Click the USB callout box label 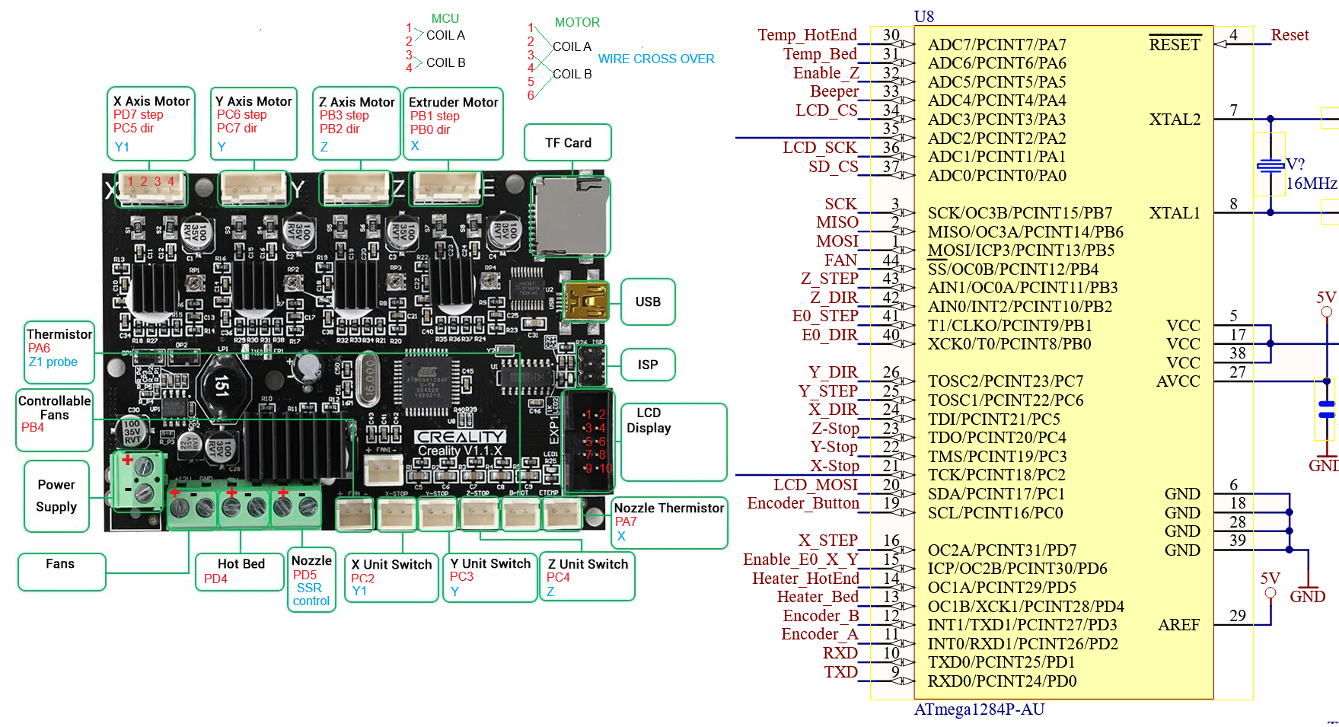(648, 302)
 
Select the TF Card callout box (568, 143)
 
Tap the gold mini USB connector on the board (585, 301)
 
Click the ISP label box (648, 365)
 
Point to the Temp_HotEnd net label (807, 35)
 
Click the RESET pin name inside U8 (1174, 45)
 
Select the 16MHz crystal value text (1311, 183)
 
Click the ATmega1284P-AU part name (979, 709)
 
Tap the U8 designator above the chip (923, 16)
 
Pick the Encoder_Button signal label (803, 503)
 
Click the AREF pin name (1178, 625)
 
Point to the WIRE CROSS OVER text (656, 59)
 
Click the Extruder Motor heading (453, 102)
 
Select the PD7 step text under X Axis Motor (139, 115)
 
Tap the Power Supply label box (56, 496)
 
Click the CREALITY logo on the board (460, 437)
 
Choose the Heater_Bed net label (817, 597)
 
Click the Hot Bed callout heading (241, 564)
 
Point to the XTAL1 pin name (1174, 213)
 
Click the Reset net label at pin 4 (1290, 35)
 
